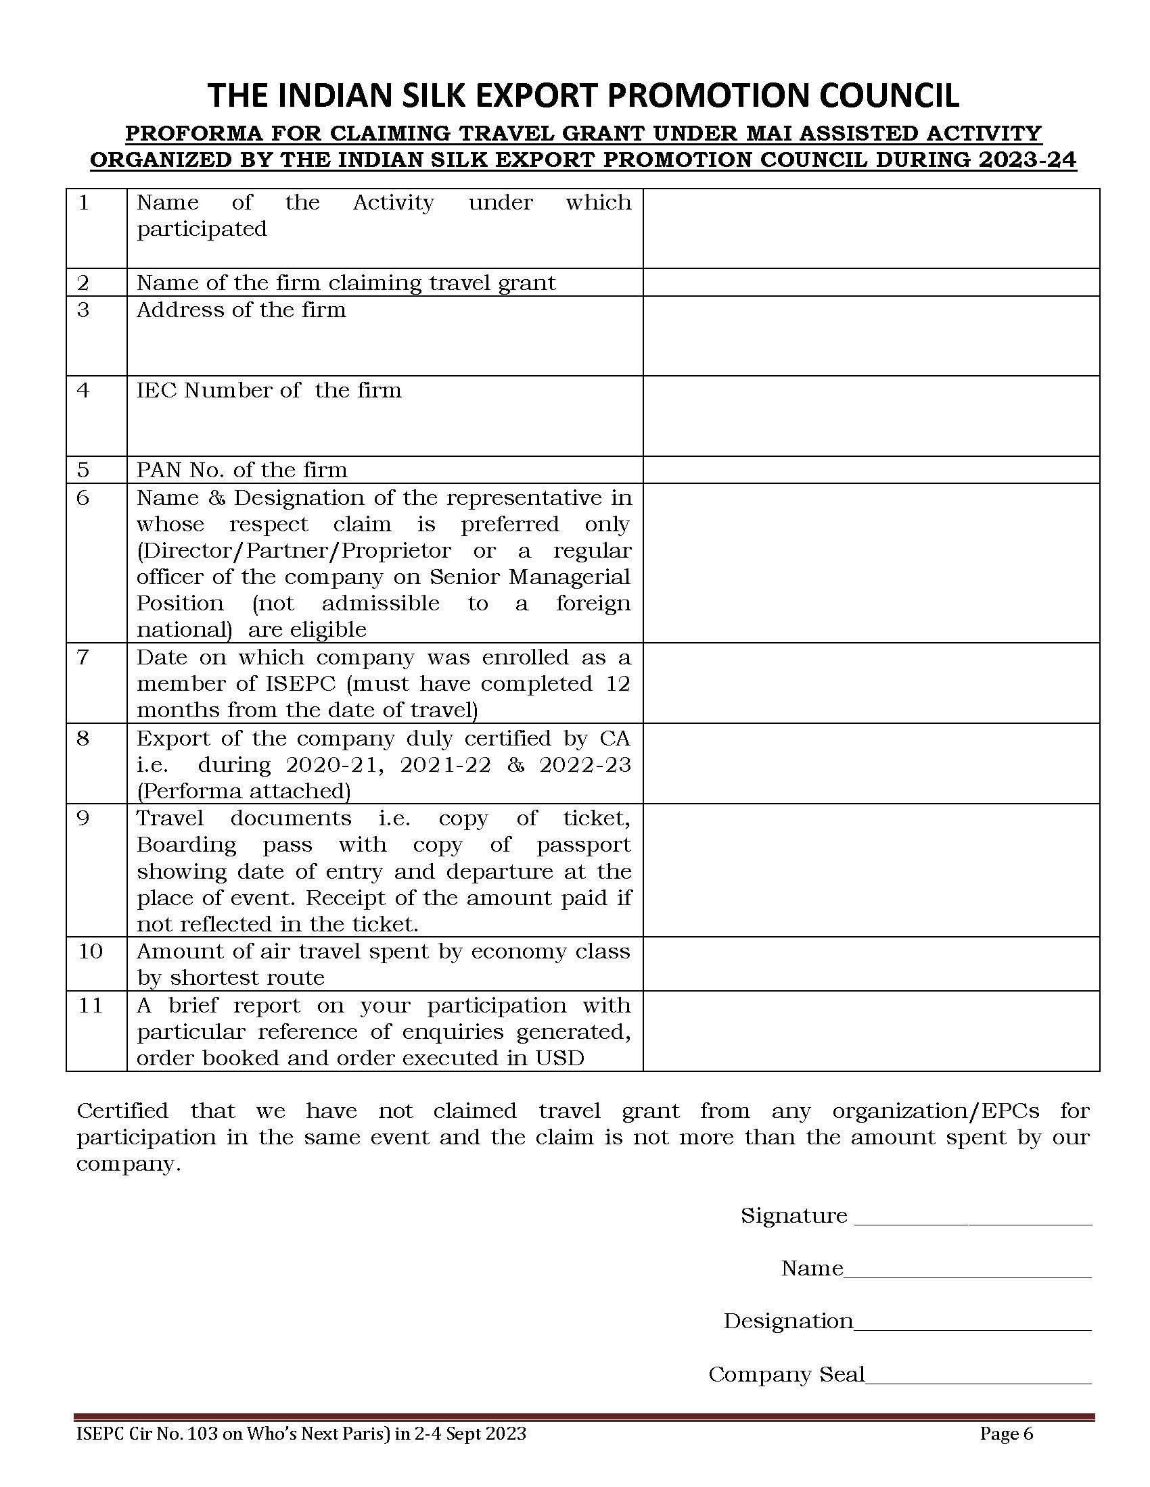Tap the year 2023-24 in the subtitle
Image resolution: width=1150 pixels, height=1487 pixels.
coord(1028,160)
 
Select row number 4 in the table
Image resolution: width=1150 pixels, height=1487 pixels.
coord(83,390)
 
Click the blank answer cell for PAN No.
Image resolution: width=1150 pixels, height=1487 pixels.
coord(871,470)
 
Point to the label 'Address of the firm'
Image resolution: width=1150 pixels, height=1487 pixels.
coord(241,310)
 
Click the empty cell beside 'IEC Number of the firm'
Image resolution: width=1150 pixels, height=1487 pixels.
coord(871,416)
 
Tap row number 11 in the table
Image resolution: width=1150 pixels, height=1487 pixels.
coord(90,1006)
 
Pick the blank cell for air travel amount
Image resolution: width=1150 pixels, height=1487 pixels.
coord(871,963)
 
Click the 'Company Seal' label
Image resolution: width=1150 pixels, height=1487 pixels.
coord(786,1375)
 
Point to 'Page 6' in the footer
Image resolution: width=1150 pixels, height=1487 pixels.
coord(1007,1434)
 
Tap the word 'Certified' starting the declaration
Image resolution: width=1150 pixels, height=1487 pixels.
coord(122,1111)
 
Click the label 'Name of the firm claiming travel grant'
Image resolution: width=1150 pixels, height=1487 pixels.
coord(346,283)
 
